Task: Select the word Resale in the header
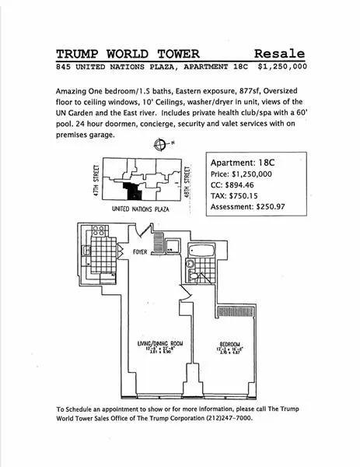pyautogui.click(x=278, y=54)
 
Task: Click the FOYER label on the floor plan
pyautogui.click(x=140, y=252)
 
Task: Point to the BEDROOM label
pyautogui.click(x=229, y=345)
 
